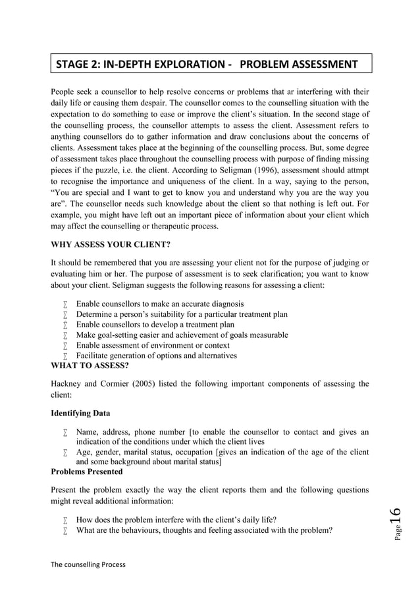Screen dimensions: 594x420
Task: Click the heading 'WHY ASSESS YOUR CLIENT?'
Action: coord(111,244)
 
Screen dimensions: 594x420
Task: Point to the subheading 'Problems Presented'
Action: coord(86,472)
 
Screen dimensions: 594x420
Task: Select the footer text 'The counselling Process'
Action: coord(88,564)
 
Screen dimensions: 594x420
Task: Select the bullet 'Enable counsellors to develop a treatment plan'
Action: coord(155,325)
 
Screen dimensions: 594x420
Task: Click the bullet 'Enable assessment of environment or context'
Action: coord(153,345)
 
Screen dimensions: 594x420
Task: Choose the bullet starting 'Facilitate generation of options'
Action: coord(156,356)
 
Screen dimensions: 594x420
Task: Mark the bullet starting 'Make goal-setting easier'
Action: coord(182,335)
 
